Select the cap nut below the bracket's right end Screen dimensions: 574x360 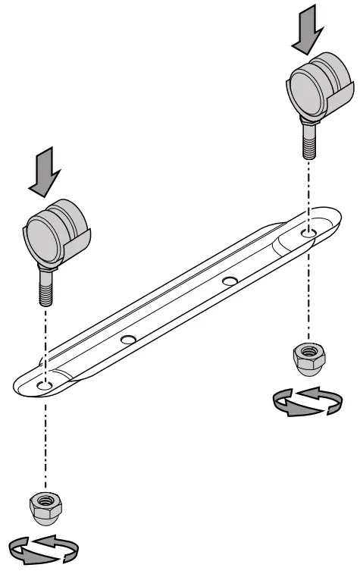(x=307, y=359)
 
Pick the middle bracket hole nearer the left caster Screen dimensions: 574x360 (x=127, y=337)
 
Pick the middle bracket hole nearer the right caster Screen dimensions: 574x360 (x=229, y=281)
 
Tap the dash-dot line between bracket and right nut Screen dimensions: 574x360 (x=307, y=303)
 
